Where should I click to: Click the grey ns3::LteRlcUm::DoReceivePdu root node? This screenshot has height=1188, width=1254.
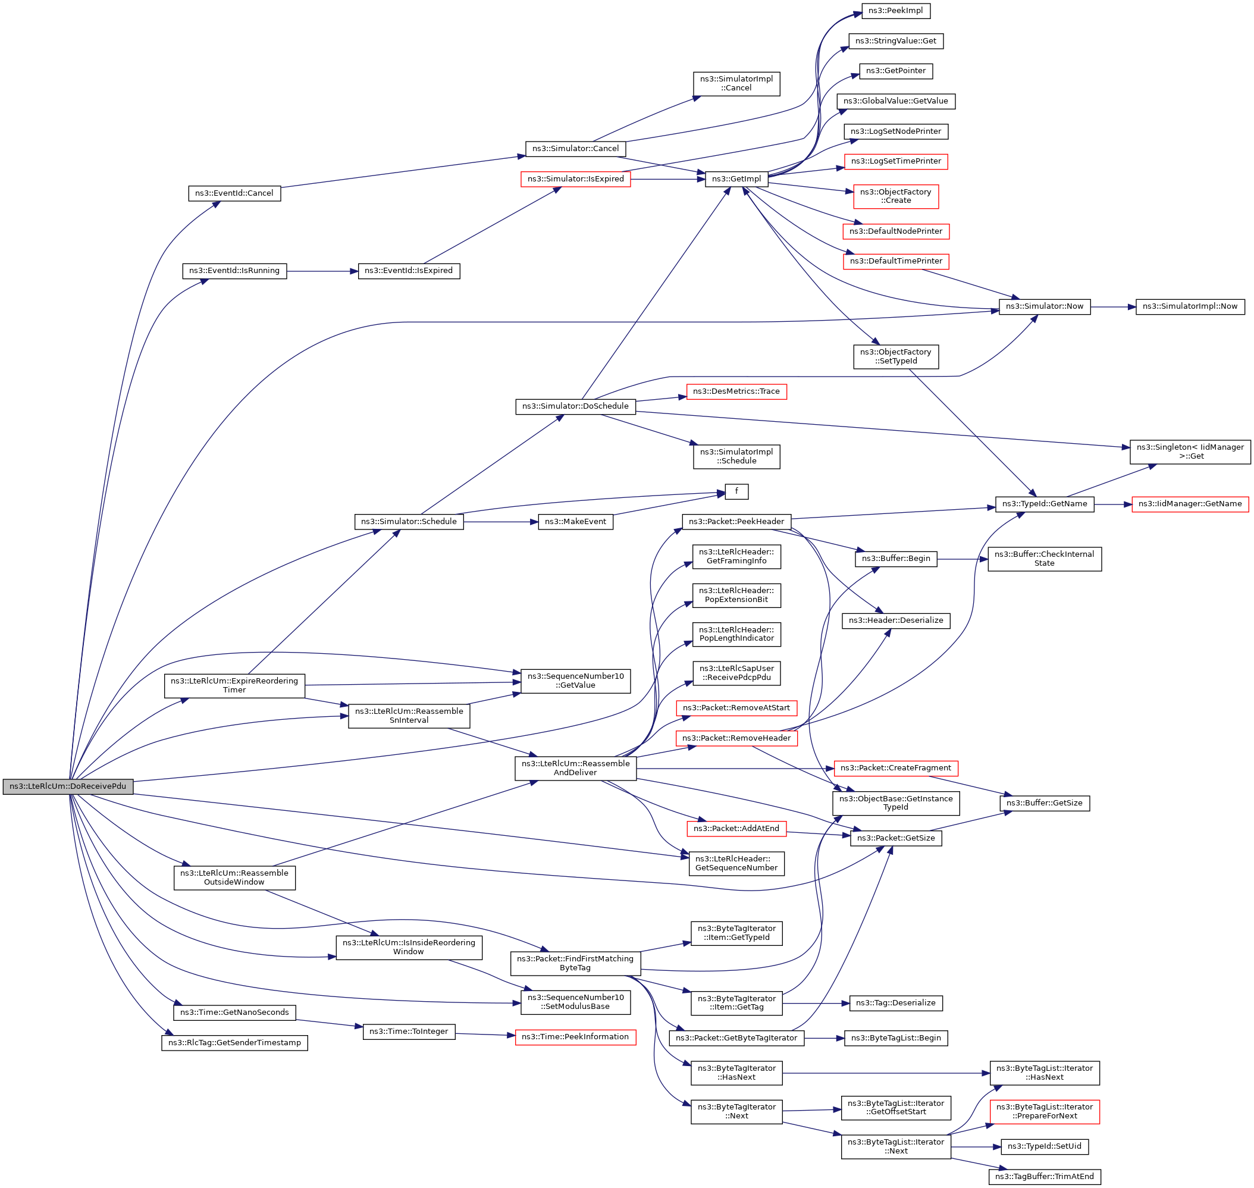click(x=68, y=786)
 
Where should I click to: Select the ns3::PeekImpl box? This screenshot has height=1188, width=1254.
click(x=895, y=11)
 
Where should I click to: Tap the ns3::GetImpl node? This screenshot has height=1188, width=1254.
click(x=736, y=179)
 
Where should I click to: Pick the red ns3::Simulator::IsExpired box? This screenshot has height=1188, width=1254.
click(x=575, y=179)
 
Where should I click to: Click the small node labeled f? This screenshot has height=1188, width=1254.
click(x=736, y=491)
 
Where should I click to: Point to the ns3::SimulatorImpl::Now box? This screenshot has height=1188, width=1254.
click(x=1189, y=306)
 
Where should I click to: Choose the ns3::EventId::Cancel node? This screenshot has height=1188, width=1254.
click(x=234, y=193)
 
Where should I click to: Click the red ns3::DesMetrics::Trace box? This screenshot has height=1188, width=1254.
click(x=736, y=391)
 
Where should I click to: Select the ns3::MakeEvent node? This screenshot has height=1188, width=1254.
click(x=575, y=522)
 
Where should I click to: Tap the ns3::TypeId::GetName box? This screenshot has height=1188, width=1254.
click(x=1045, y=504)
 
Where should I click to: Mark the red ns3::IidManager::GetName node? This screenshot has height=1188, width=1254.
click(x=1189, y=504)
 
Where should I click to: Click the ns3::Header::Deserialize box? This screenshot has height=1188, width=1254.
click(x=895, y=620)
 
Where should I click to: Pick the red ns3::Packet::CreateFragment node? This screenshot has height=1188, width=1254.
click(x=895, y=768)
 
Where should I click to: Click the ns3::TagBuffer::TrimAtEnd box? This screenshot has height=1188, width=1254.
click(x=1045, y=1177)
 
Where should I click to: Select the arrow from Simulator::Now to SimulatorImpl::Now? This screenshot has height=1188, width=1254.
click(x=1112, y=307)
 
